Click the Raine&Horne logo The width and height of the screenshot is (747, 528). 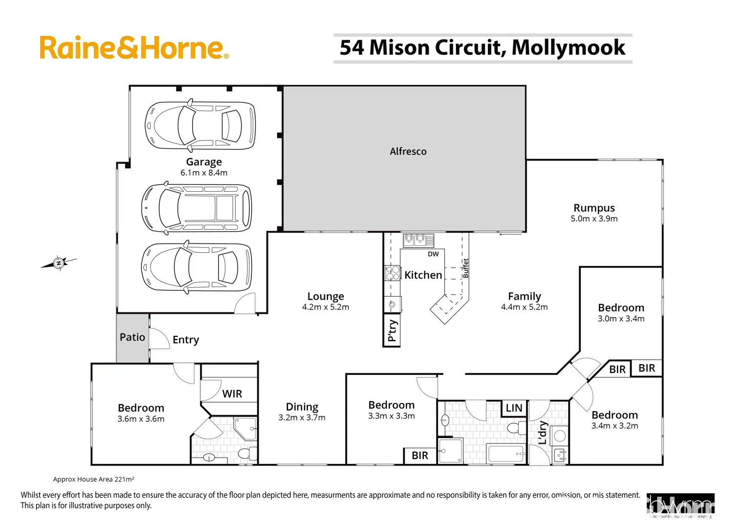coord(133,48)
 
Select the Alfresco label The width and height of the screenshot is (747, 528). coord(408,152)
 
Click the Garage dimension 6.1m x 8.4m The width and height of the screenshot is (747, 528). coord(204,173)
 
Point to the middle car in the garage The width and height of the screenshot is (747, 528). coord(197,208)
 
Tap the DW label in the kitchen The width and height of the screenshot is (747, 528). coord(433,254)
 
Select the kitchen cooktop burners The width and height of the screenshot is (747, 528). coord(393,273)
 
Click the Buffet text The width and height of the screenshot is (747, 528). coord(466,268)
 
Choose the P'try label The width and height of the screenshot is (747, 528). coord(392,331)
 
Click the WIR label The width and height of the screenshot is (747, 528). coord(232,394)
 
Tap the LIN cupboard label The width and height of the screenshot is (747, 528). coord(514,408)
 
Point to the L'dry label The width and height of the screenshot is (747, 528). coord(542,433)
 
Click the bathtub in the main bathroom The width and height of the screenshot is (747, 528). coord(506,454)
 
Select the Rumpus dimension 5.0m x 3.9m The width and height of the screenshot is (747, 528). coord(594,219)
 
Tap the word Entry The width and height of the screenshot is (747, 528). coord(186,340)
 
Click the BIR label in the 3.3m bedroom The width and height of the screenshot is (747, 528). coord(419,455)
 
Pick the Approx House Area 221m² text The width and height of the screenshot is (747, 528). coord(93,480)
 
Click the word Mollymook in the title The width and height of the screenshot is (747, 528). coord(568,47)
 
